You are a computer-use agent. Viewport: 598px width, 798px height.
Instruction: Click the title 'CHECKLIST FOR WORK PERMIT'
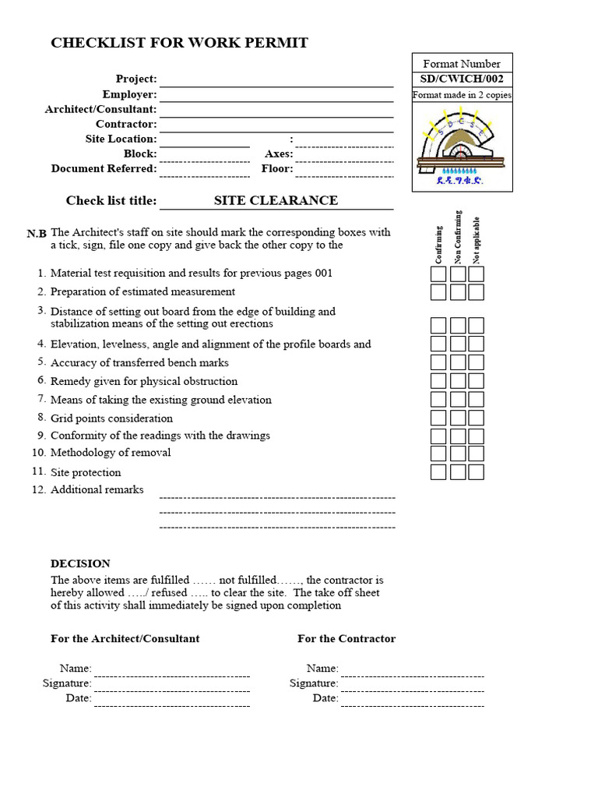tap(179, 43)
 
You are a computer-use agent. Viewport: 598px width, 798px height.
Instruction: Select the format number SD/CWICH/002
tap(462, 79)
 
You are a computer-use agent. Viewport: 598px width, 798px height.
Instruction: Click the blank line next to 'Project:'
tap(276, 80)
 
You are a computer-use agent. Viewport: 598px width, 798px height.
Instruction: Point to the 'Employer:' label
tap(129, 94)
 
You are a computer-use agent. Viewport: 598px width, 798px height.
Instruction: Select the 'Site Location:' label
tap(121, 139)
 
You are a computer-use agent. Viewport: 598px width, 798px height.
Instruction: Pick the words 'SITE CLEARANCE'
tap(276, 200)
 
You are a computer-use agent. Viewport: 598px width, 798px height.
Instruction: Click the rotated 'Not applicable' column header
tap(477, 240)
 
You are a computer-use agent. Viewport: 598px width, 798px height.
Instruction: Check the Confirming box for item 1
tap(438, 274)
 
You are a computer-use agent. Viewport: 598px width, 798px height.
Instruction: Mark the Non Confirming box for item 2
tap(458, 292)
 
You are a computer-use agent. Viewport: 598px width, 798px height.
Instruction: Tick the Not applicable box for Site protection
tap(477, 472)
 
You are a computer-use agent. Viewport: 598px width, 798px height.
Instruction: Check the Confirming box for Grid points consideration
tap(438, 418)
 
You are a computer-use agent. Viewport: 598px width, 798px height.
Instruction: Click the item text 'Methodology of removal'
tap(111, 453)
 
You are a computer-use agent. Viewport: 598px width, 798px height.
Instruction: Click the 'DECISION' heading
tap(80, 563)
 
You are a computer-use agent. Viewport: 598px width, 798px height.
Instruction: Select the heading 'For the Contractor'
tap(346, 638)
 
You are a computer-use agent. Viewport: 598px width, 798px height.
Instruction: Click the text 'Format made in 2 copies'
tap(462, 95)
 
